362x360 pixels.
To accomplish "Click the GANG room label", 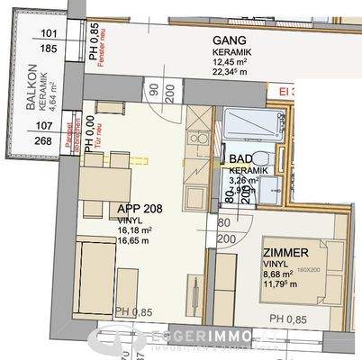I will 231,40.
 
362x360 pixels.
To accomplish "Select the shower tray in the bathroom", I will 238,125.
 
